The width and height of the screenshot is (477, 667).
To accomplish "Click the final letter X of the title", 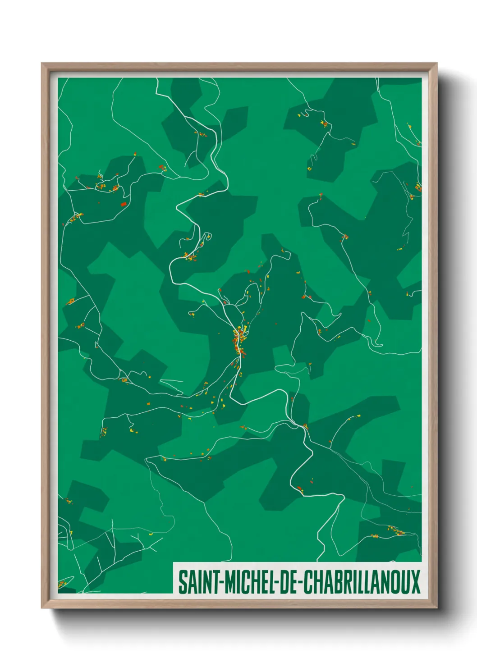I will click(415, 582).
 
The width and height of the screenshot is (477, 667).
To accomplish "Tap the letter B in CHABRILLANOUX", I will click(335, 582).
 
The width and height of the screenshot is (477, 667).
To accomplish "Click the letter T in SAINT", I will click(215, 582).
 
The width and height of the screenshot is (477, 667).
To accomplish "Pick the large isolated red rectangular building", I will click(123, 204).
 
